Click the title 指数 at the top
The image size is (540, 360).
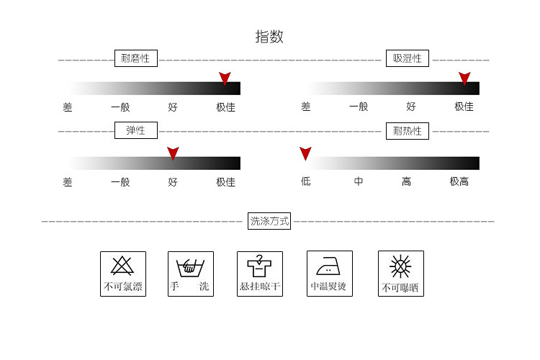[269, 37]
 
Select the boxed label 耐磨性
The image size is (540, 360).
[136, 58]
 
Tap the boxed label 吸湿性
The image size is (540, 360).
[408, 58]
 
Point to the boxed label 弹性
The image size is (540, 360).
[136, 130]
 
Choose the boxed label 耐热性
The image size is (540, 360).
[408, 130]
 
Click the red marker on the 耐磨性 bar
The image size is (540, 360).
[225, 78]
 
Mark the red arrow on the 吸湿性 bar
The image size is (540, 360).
[464, 78]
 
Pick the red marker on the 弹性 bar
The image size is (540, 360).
[173, 153]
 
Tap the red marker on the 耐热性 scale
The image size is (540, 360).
[305, 153]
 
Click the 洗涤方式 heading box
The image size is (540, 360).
[269, 221]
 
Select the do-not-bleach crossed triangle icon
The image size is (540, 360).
[122, 266]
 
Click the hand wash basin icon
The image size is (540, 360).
[190, 266]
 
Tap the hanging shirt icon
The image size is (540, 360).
[259, 266]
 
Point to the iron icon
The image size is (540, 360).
[328, 266]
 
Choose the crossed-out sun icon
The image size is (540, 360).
[400, 266]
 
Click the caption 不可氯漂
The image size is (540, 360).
[122, 287]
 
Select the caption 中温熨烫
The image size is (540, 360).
[328, 287]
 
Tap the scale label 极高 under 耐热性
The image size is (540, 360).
[459, 182]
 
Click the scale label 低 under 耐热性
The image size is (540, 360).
[306, 182]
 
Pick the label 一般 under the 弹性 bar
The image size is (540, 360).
[120, 182]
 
